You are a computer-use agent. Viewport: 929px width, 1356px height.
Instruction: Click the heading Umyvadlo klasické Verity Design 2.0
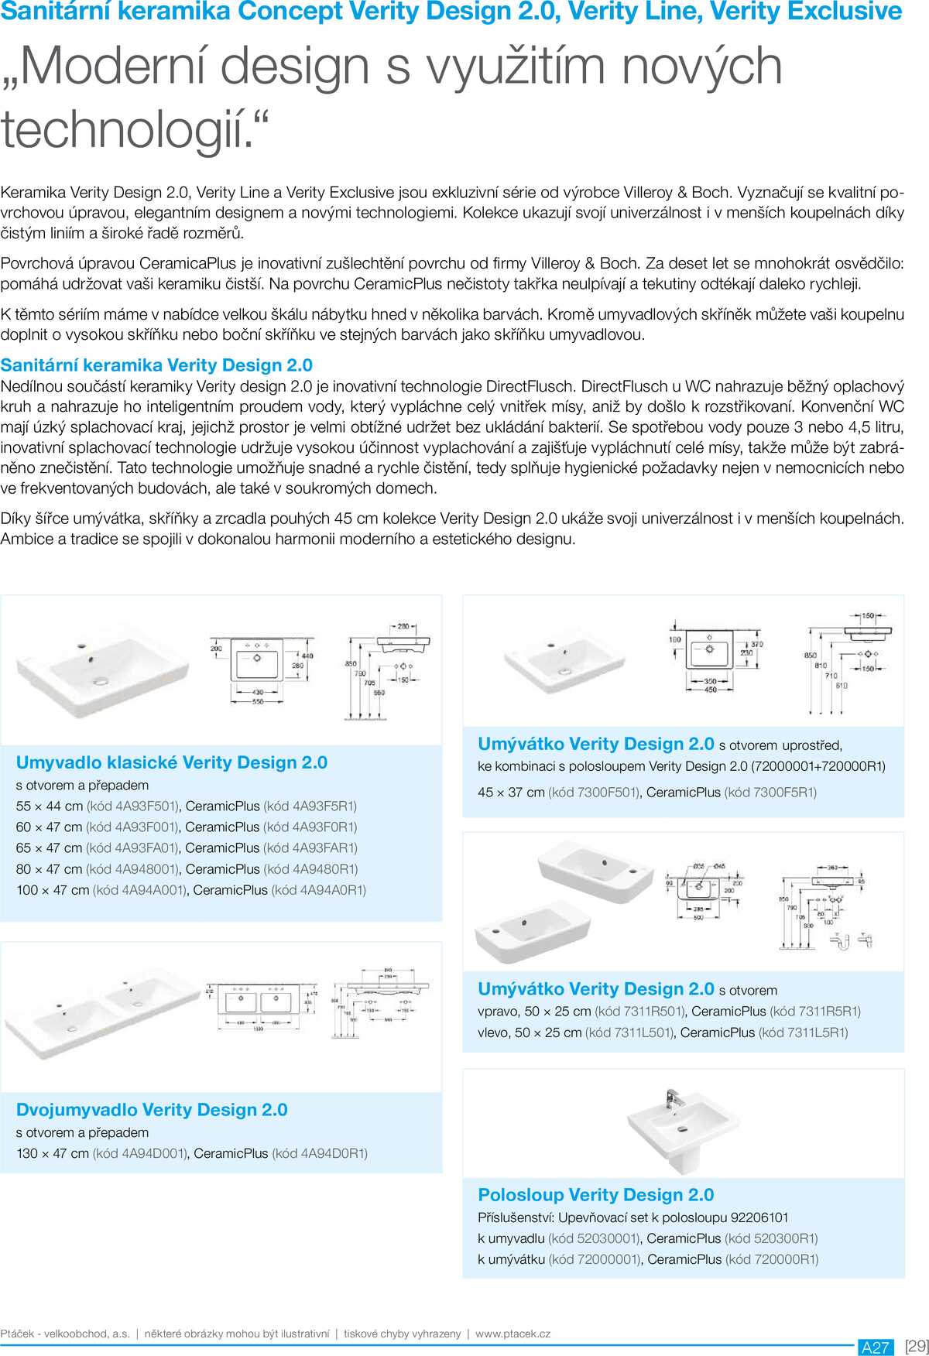[x=171, y=762]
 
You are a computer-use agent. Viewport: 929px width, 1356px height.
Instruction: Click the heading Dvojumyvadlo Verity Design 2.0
[x=152, y=1110]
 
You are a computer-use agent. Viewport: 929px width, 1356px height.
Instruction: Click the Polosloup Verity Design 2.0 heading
[x=595, y=1194]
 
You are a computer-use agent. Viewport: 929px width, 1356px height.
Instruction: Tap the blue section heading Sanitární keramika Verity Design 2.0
[x=156, y=365]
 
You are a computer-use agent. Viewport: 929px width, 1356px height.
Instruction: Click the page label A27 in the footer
[x=876, y=1347]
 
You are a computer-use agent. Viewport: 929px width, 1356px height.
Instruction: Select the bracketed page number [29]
[x=916, y=1346]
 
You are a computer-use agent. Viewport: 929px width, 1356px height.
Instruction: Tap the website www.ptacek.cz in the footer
[x=512, y=1334]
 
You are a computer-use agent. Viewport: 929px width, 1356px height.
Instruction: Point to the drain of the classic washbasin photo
[x=101, y=681]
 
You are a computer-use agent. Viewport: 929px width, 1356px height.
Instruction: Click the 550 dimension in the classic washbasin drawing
[x=257, y=702]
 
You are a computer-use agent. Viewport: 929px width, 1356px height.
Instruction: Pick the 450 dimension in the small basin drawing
[x=710, y=690]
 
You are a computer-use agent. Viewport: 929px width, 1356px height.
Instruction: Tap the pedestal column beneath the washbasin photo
[x=684, y=1158]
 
